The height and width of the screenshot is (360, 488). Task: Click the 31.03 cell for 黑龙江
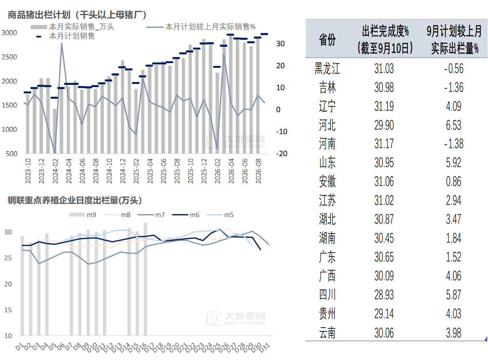[x=384, y=69]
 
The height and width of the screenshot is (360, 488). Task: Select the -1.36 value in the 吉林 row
[x=454, y=87]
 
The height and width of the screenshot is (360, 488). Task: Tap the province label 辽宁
[x=327, y=106]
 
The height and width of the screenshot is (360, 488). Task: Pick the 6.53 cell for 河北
[x=454, y=125]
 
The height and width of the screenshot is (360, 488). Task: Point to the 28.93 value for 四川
[x=384, y=295]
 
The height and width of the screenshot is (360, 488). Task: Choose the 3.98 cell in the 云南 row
[x=454, y=333]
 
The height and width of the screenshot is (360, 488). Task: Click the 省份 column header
[x=327, y=40]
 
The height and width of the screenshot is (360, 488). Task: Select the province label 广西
[x=327, y=276]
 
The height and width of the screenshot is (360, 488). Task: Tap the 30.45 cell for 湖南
[x=384, y=238]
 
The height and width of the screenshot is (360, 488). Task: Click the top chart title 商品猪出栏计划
[x=39, y=15]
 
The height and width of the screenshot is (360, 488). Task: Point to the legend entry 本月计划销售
[x=65, y=36]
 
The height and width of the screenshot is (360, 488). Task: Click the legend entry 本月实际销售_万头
[x=72, y=27]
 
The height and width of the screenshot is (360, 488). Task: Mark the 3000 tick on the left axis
[x=9, y=33]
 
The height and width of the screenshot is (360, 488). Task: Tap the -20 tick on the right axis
[x=282, y=153]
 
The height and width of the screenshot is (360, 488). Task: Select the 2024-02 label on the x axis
[x=55, y=171]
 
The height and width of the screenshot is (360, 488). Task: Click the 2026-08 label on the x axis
[x=258, y=171]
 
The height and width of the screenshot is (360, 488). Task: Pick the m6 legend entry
[x=186, y=215]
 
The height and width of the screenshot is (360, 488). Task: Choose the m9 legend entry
[x=82, y=215]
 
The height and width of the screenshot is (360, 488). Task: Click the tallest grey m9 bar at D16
[x=145, y=279]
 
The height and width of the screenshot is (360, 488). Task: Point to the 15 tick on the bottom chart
[x=8, y=310]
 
